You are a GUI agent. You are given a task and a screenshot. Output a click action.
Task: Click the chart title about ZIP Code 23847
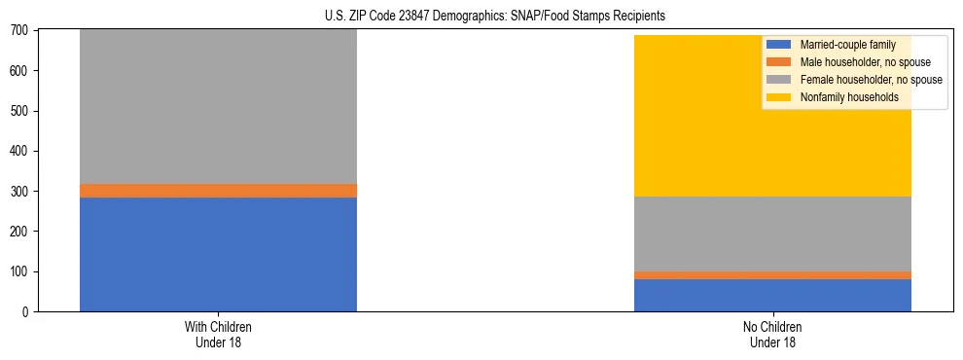pos(495,17)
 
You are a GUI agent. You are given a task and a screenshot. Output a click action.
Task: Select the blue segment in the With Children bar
pos(218,254)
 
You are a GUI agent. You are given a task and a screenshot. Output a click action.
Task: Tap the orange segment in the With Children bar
pos(218,191)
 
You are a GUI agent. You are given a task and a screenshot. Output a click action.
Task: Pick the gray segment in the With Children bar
pos(218,107)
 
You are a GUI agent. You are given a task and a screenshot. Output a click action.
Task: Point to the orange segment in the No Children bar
pos(772,275)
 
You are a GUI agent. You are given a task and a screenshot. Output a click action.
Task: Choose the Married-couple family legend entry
pos(841,45)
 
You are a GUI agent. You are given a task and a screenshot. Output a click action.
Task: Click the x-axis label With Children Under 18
pos(218,334)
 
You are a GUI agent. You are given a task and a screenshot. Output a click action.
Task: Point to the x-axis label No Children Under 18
pos(772,334)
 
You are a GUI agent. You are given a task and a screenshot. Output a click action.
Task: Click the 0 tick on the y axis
pos(25,311)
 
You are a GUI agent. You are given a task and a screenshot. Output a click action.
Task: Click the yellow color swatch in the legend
pos(779,97)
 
